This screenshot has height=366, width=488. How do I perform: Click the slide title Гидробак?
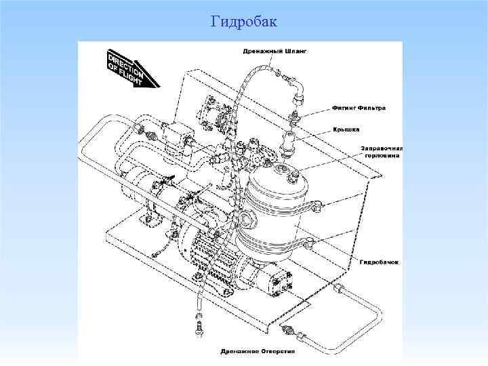(244, 22)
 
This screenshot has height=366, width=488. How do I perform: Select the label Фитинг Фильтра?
(359, 107)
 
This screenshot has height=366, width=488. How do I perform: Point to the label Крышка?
(346, 129)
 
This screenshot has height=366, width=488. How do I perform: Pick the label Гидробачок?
(380, 260)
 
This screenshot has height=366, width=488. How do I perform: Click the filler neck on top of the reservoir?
(293, 178)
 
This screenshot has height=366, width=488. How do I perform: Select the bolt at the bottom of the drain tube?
(200, 329)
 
